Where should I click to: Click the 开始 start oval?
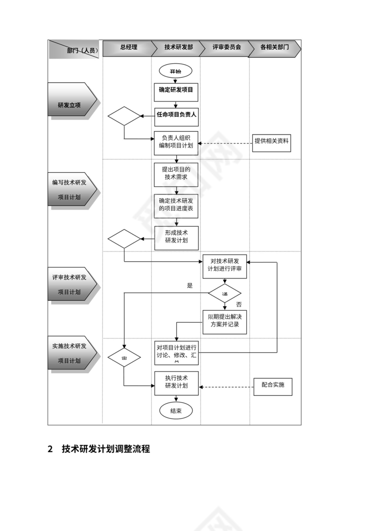pos(175,71)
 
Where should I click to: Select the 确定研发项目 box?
pos(176,90)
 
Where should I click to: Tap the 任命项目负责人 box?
pos(176,115)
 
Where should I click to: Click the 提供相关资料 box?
pos(272,141)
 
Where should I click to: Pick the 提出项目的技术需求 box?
pos(176,174)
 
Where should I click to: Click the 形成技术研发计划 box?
pos(176,237)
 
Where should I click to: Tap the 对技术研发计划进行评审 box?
pos(225,265)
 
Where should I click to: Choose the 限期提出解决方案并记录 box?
pos(225,321)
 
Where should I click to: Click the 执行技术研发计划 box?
pos(176,382)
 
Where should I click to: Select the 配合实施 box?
pos(272,385)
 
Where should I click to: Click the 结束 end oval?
pos(176,411)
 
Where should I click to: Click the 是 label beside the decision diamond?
pos(190,285)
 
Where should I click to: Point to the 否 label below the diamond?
pos(239,304)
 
